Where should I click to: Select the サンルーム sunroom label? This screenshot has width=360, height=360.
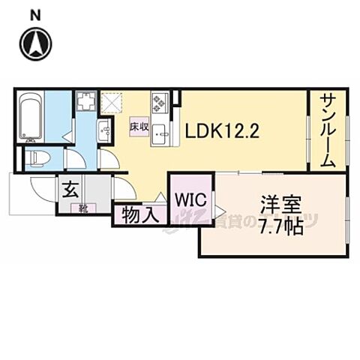coord(328,130)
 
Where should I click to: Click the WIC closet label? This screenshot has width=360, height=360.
coord(190,199)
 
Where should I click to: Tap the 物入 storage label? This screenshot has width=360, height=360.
coord(138,215)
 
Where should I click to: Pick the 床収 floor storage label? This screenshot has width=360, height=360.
coord(139,127)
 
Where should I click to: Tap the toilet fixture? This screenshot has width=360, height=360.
coord(37,158)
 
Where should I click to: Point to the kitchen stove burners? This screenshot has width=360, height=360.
coord(160,101)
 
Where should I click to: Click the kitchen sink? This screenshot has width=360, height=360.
coord(160,134)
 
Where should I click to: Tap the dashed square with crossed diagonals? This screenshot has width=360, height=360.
coord(112,101)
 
